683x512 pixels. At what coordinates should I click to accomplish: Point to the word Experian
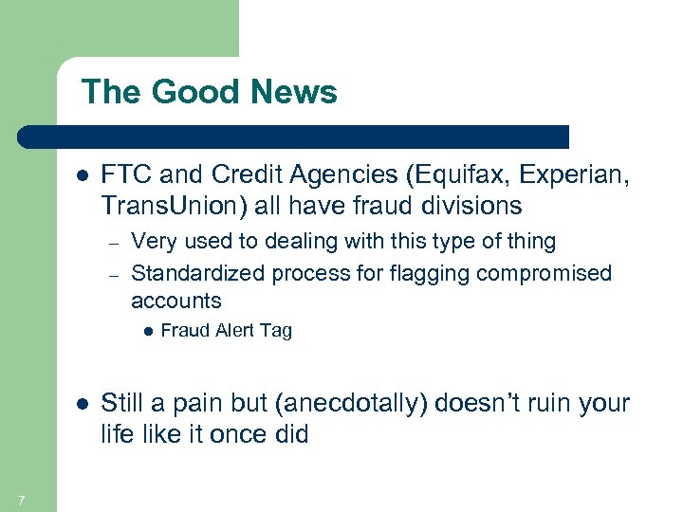545,176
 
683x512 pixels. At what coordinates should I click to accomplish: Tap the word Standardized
198,273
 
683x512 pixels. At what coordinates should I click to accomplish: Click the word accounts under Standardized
175,302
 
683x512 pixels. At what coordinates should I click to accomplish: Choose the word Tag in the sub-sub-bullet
278,331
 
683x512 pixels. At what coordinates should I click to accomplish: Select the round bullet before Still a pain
82,404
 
